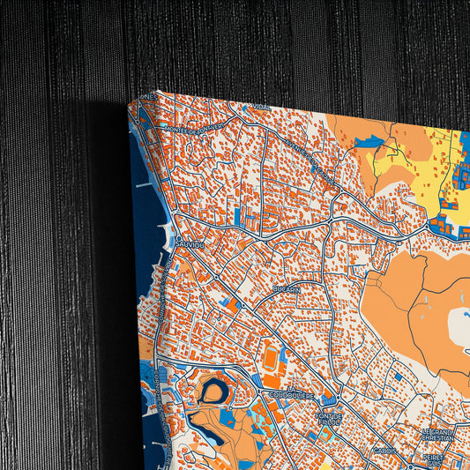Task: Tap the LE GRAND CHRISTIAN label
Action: point(438,434)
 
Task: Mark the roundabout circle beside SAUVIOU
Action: point(178,238)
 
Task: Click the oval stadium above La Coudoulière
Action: point(271,357)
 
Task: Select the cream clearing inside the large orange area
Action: point(460,327)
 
